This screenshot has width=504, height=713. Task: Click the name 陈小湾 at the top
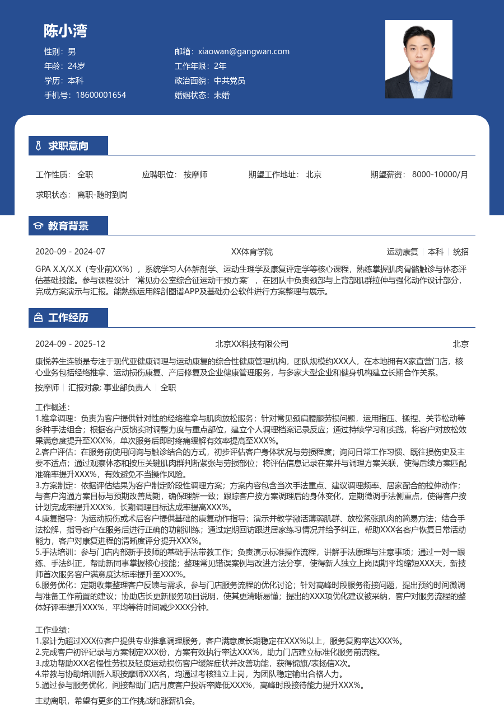[x=66, y=31]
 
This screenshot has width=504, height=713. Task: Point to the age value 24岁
[x=76, y=66]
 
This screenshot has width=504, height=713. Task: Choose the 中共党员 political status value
[x=230, y=81]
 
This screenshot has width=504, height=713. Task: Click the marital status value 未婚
[x=222, y=95]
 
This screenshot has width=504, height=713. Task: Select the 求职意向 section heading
[x=68, y=146]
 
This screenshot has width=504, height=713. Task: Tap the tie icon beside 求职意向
[x=38, y=146]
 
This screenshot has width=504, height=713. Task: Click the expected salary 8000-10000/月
[x=440, y=174]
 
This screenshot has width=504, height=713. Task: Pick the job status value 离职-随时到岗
[x=102, y=195]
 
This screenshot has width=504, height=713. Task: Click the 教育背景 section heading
[x=68, y=226]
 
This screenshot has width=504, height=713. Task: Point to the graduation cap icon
[x=38, y=226]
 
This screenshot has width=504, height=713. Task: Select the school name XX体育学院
[x=252, y=252]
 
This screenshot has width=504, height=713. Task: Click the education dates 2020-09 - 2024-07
[x=70, y=252]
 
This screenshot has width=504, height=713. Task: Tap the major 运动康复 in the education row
[x=403, y=252]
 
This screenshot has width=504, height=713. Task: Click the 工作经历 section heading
[x=68, y=318]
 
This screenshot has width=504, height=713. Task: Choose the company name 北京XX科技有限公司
[x=252, y=344]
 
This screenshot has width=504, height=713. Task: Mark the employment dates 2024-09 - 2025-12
[x=70, y=344]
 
